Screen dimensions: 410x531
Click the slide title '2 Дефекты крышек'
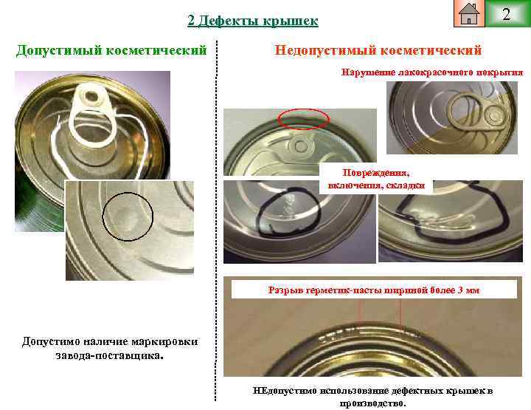pos(253,21)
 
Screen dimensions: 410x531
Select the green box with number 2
pos(506,14)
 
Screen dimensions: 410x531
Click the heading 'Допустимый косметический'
pos(111,50)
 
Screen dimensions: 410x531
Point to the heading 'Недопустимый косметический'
pos(378,50)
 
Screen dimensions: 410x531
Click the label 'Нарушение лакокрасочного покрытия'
pos(432,72)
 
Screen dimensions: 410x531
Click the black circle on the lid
pos(128,216)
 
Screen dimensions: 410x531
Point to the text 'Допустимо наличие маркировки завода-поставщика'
pos(110,348)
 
